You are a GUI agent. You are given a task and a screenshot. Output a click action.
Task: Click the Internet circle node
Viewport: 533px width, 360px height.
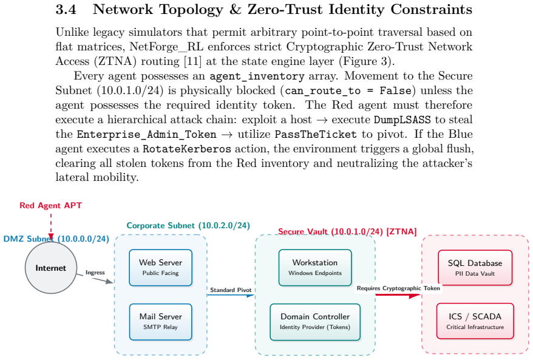click(x=51, y=268)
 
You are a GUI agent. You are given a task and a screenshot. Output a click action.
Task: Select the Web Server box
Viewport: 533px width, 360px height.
click(x=160, y=268)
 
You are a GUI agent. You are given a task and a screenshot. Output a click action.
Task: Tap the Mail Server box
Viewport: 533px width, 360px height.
click(x=160, y=322)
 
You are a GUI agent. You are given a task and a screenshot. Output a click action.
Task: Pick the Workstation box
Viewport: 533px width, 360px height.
click(x=315, y=268)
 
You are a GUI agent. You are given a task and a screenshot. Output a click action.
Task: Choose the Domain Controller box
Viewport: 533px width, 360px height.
click(x=315, y=322)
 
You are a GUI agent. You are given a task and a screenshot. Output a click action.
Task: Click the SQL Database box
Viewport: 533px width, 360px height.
click(x=475, y=268)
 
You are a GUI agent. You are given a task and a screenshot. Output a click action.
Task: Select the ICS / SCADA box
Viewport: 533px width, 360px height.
click(x=475, y=321)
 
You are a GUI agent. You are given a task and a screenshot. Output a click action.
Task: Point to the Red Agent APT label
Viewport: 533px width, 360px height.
click(x=50, y=205)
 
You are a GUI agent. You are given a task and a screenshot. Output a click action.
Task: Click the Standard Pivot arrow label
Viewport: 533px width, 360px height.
click(x=231, y=290)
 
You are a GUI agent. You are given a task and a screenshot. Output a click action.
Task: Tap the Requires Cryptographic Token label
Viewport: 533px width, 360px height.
click(x=398, y=288)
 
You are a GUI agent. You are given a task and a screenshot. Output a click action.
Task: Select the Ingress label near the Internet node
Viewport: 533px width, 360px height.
click(x=95, y=273)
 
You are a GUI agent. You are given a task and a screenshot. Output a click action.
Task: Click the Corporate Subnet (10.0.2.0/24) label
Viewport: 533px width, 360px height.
click(x=188, y=226)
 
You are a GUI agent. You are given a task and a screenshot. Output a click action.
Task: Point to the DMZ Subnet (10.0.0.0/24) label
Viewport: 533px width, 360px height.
click(x=56, y=239)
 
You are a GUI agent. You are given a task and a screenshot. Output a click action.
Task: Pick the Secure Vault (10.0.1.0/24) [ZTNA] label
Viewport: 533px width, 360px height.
click(x=347, y=232)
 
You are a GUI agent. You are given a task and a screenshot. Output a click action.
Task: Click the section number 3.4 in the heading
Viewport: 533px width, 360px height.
click(x=66, y=10)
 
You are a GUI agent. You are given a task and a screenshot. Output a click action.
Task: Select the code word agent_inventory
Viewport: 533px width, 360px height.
click(x=257, y=76)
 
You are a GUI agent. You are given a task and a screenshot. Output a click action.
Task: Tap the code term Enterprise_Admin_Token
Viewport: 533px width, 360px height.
click(x=146, y=135)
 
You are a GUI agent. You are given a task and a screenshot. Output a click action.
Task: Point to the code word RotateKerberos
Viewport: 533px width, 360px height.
click(x=187, y=149)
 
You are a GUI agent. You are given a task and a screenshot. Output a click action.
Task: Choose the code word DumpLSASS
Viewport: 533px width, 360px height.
click(x=402, y=120)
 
